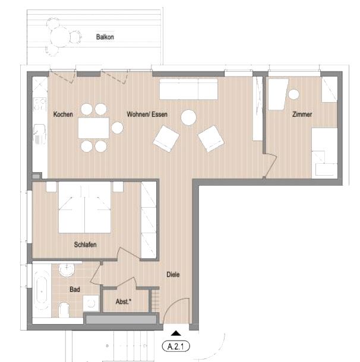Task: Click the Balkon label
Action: (105, 37)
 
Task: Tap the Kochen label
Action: (63, 115)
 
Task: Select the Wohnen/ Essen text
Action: (147, 115)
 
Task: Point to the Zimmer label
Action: (302, 115)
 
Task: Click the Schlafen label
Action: (85, 244)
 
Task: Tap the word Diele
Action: (173, 275)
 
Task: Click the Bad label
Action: (75, 289)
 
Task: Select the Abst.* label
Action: (124, 301)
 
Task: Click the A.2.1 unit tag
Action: (176, 347)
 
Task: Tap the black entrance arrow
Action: (176, 333)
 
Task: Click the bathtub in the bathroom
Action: (42, 292)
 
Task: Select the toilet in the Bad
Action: (64, 310)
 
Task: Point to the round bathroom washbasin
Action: (67, 269)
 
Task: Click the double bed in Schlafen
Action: (84, 207)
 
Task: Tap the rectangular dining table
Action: (94, 128)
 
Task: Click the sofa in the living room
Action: (188, 89)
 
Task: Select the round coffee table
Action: (188, 118)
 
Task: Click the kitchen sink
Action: (40, 134)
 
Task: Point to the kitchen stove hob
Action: (40, 104)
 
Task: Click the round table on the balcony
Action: (59, 37)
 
